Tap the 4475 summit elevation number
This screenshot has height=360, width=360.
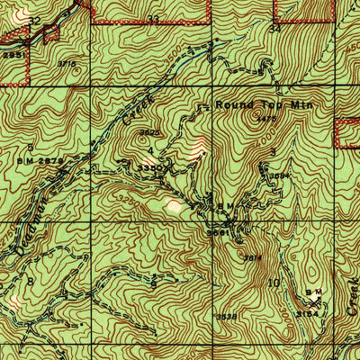265,118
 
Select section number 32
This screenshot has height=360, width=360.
35,19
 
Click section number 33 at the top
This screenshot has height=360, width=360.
153,18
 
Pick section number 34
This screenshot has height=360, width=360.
274,28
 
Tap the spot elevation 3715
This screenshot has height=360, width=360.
66,63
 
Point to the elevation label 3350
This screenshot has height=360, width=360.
149,167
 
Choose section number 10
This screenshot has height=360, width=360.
274,282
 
